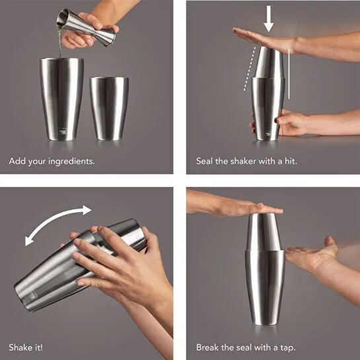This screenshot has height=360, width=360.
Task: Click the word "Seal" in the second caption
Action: point(205,161)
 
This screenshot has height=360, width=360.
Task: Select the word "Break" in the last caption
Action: point(209,347)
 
